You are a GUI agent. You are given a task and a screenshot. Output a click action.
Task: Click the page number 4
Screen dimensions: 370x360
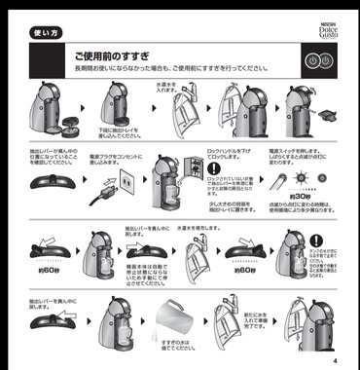point(334,359)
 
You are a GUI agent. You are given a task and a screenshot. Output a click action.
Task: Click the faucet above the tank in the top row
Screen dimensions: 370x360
point(186,98)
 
